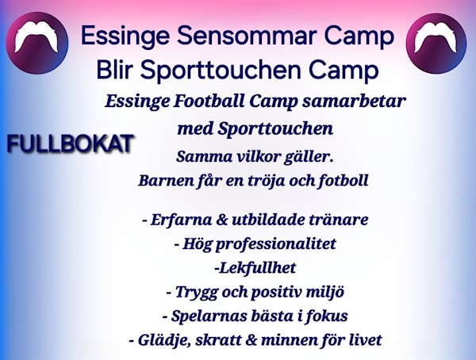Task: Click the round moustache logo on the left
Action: (x=37, y=43)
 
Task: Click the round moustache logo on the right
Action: (x=436, y=43)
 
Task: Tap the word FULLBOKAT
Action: (x=70, y=144)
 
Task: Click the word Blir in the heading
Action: (x=115, y=70)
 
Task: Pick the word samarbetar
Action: (x=354, y=101)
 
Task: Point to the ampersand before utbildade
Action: (x=222, y=220)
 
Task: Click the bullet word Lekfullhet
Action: (x=256, y=268)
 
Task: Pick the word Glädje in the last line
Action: (x=164, y=341)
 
